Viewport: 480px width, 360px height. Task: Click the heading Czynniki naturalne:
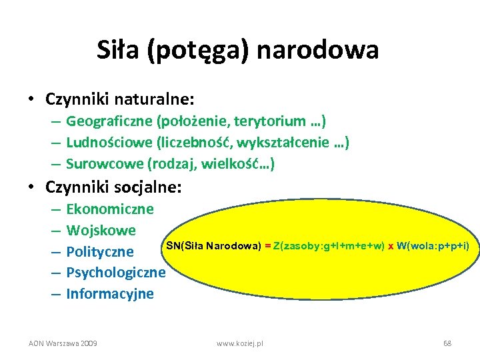pyautogui.click(x=120, y=99)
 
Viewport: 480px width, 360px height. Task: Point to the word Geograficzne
pyautogui.click(x=109, y=121)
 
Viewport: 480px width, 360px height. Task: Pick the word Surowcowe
pyautogui.click(x=105, y=163)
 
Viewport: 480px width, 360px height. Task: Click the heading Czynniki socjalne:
pyautogui.click(x=113, y=188)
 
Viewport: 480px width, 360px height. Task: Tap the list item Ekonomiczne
pyautogui.click(x=110, y=209)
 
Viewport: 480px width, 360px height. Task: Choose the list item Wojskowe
pyautogui.click(x=101, y=231)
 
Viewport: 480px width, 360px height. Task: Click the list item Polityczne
pyautogui.click(x=100, y=252)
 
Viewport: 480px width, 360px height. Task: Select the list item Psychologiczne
pyautogui.click(x=116, y=273)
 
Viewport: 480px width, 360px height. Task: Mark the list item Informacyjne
pyautogui.click(x=110, y=294)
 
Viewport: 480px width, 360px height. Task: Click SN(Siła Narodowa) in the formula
pyautogui.click(x=213, y=246)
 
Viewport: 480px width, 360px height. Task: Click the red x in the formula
pyautogui.click(x=391, y=247)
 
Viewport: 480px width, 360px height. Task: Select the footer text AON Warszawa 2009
pyautogui.click(x=63, y=343)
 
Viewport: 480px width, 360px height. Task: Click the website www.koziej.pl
pyautogui.click(x=240, y=343)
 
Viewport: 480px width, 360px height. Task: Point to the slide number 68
pyautogui.click(x=447, y=343)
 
